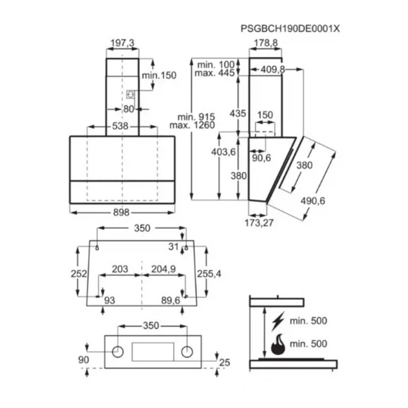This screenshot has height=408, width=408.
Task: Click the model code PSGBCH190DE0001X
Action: pos(290,29)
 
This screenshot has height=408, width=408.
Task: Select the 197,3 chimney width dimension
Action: pos(122,43)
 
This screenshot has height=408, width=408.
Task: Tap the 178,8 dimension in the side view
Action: pos(266,43)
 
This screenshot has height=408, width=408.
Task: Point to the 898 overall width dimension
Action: pos(121,213)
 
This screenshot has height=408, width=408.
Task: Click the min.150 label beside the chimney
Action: pos(159,75)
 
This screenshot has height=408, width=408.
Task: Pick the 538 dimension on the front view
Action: pos(120,126)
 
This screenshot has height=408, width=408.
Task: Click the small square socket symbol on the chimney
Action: pos(131,95)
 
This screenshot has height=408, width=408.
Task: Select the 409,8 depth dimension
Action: pos(273,69)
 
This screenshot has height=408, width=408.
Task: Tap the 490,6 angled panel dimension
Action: pos(313,201)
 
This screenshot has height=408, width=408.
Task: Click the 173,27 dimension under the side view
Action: pos(259,223)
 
